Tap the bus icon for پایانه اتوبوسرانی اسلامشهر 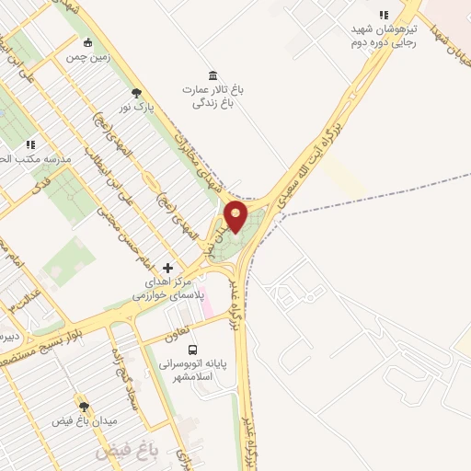click(192, 350)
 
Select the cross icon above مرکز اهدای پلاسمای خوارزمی click(167, 267)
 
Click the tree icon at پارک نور click(137, 92)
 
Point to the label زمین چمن click(87, 57)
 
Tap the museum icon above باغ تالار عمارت click(213, 75)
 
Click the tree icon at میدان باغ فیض click(84, 406)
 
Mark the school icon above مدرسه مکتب click(29, 144)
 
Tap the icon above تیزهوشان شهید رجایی click(384, 15)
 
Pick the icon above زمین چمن click(87, 42)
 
